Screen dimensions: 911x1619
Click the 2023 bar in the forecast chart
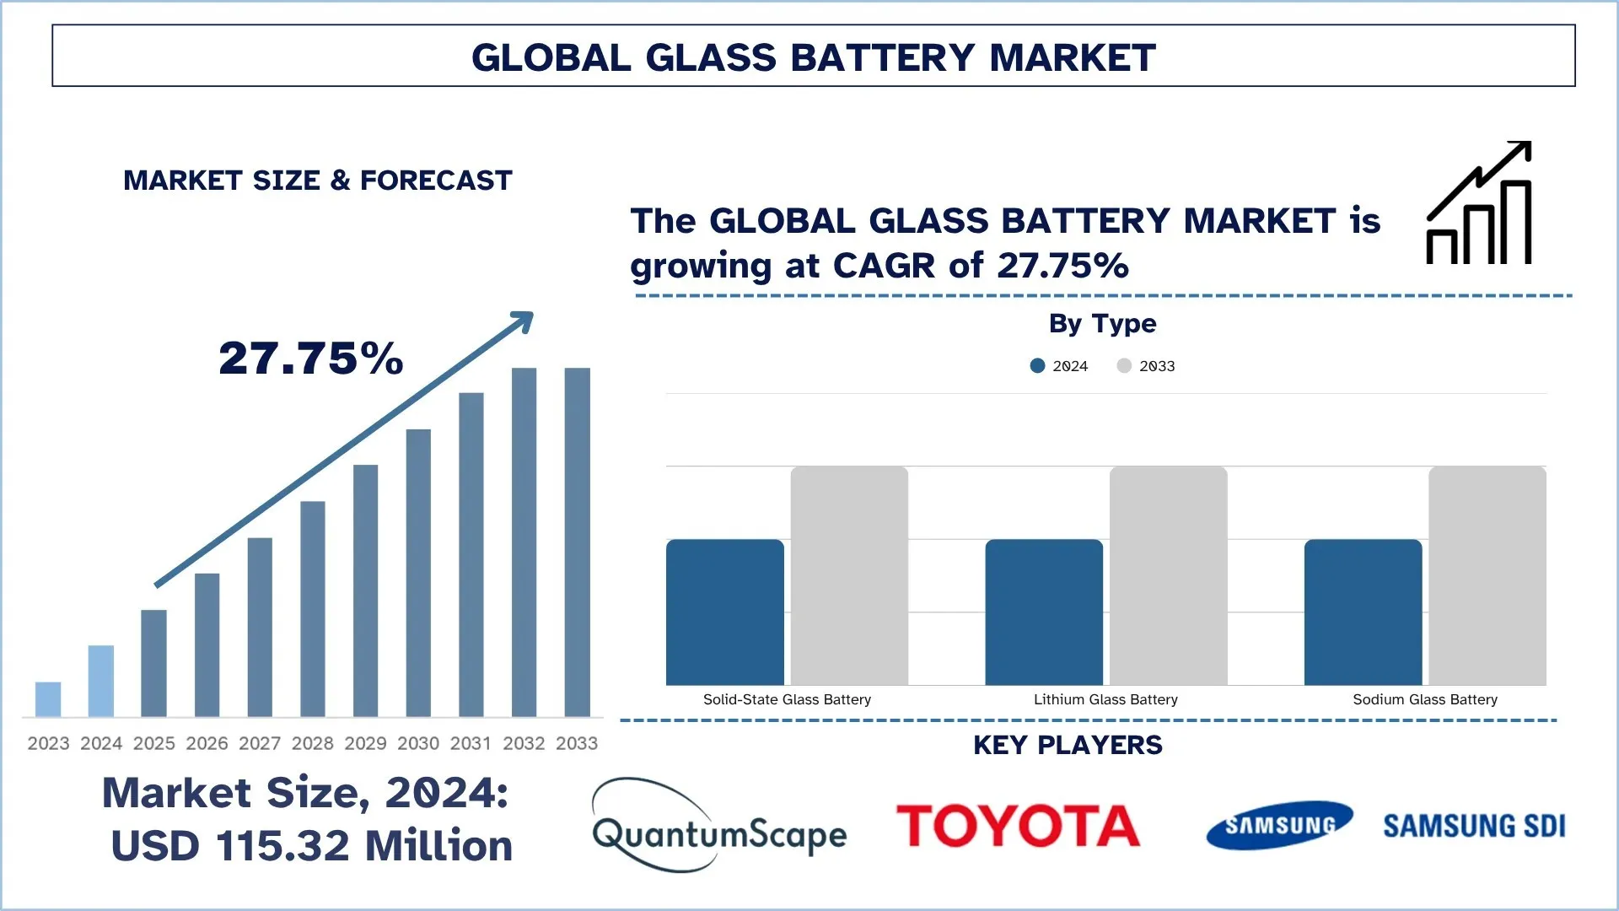[x=48, y=699]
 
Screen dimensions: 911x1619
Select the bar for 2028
[x=313, y=609]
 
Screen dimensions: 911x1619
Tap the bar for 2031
[x=471, y=554]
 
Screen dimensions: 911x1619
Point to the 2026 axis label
[x=207, y=743]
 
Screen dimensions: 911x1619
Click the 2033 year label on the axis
[x=577, y=743]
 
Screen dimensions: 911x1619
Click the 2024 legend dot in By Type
[x=1038, y=366]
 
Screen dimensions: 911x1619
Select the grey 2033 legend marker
[x=1124, y=366]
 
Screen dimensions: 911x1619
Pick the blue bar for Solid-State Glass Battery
[x=725, y=612]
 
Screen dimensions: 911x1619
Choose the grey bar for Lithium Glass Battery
[x=1168, y=575]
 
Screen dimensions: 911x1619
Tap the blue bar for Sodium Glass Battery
[x=1363, y=612]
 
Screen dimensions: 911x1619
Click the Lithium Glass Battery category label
[x=1105, y=699]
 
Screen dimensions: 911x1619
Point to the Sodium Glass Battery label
[x=1425, y=699]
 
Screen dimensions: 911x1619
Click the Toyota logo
[x=1018, y=826]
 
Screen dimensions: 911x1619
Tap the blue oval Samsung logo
[x=1280, y=825]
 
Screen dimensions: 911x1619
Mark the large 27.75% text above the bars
[x=311, y=358]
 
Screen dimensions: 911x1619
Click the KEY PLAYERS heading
[x=1068, y=746]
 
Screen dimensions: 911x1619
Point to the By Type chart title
[x=1102, y=324]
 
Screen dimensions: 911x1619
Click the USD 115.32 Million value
[x=312, y=846]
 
